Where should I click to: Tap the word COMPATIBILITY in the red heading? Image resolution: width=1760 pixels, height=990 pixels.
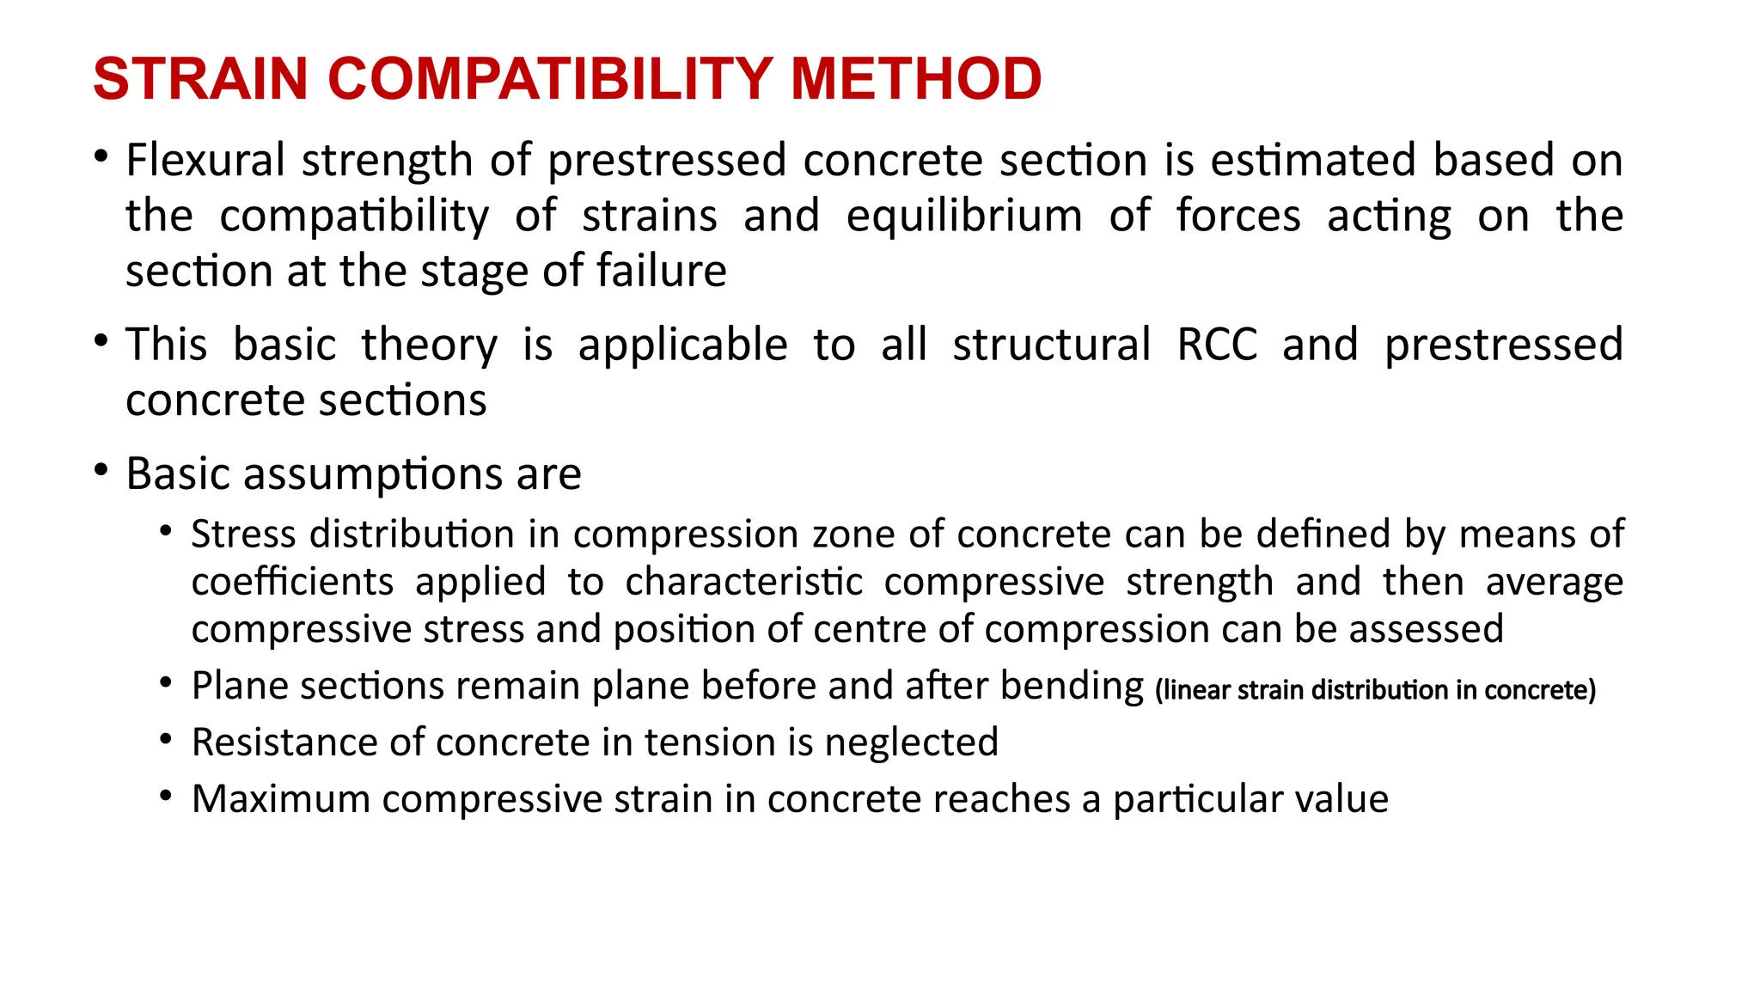coord(549,79)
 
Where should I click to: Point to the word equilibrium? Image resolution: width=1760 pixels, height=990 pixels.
coord(964,216)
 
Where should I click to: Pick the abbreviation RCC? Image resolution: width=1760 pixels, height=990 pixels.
coord(1217,345)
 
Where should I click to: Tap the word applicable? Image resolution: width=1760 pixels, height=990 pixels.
coord(682,346)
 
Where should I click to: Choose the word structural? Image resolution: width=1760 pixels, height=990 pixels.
coord(1052,345)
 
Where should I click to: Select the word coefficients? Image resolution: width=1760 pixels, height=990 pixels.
coord(292,582)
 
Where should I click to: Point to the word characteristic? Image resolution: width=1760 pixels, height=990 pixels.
coord(743,582)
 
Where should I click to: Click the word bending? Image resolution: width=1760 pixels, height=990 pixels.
coord(1072,687)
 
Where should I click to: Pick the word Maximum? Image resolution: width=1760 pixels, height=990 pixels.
coord(281,799)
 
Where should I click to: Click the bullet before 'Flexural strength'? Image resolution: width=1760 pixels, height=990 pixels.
coord(101,157)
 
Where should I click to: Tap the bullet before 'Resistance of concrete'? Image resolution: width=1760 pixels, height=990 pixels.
coord(166,739)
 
